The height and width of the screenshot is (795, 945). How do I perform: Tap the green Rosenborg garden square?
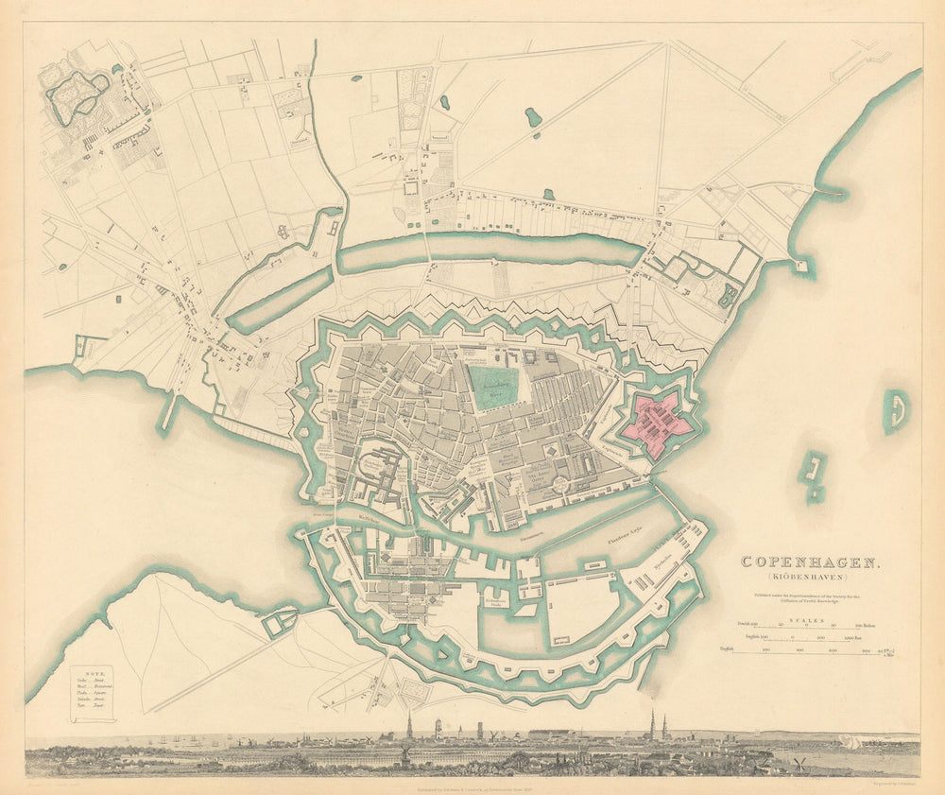495,389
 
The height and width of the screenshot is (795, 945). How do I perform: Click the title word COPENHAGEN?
810,562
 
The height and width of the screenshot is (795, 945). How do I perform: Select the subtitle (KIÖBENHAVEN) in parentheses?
810,577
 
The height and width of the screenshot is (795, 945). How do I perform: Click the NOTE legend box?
94,692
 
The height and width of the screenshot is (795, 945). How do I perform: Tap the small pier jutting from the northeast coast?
829,193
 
